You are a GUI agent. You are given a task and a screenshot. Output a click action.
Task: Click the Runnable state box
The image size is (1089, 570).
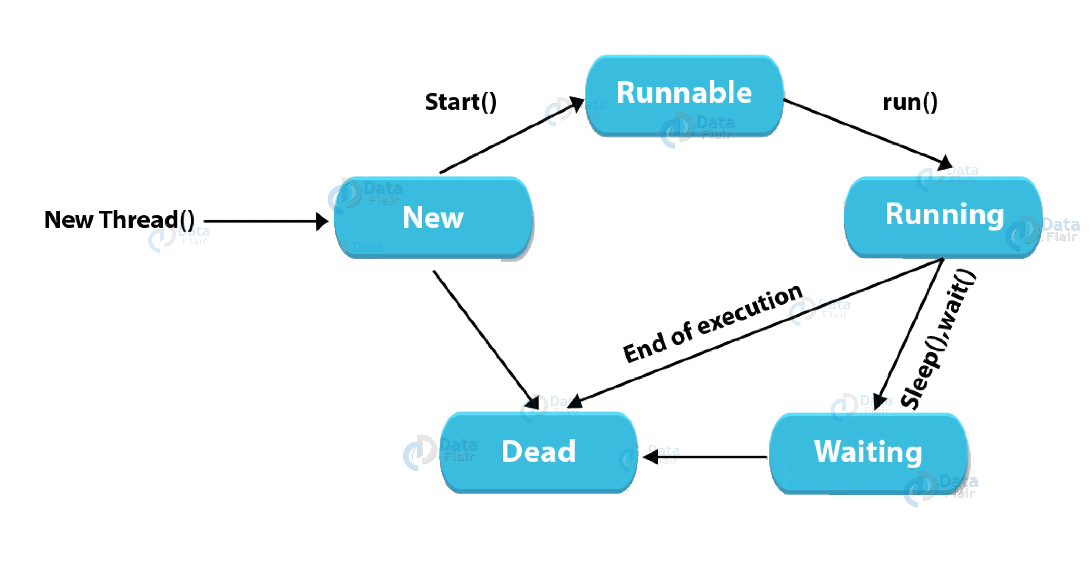[684, 95]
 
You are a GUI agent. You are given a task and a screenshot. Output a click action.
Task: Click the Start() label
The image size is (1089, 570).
[460, 103]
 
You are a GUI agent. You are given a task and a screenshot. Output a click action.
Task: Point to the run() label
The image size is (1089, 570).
[910, 103]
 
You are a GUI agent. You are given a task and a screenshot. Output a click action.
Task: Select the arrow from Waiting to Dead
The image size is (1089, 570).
[704, 457]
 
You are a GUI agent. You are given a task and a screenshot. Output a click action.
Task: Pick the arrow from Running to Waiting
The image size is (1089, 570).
[909, 334]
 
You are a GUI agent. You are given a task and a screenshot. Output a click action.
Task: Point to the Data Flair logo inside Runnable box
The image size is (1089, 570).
[697, 129]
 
